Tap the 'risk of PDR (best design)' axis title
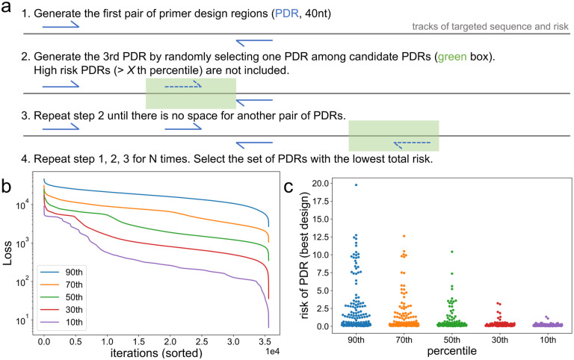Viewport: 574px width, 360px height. pos(296,255)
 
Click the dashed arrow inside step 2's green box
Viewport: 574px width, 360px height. pos(183,87)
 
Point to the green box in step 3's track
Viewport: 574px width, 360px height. pos(393,135)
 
